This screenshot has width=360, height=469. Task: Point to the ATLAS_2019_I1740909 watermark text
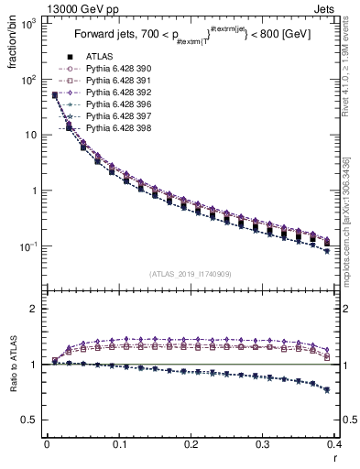pos(190,274)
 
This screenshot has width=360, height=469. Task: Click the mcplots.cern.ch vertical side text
pos(352,229)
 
